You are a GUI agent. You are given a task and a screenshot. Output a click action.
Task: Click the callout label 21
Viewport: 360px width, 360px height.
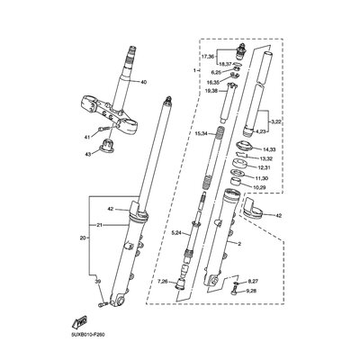point(102,250)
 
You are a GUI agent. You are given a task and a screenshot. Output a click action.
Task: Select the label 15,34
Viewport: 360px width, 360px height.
point(202,133)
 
